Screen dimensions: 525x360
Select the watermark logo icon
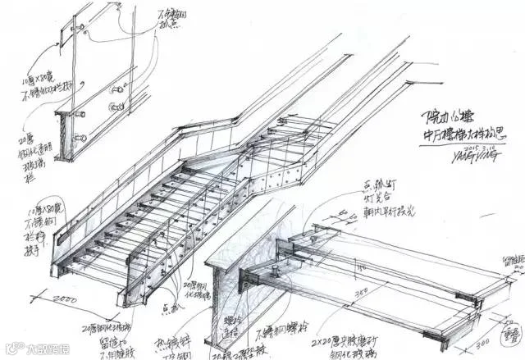[x=11, y=349]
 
